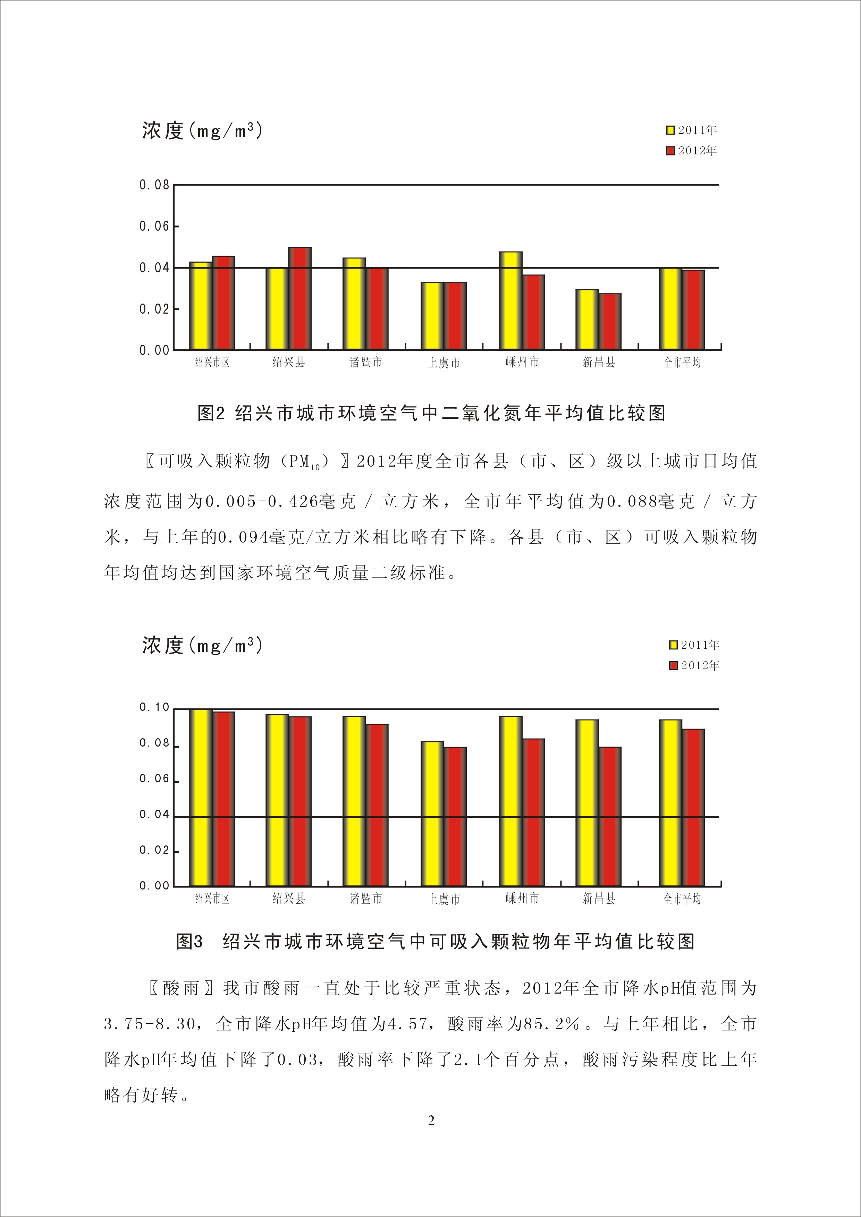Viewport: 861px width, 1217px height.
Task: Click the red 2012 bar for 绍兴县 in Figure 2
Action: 299,298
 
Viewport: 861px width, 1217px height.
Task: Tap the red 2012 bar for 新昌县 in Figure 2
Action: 610,322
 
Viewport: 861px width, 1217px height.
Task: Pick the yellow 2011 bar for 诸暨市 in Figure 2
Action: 354,304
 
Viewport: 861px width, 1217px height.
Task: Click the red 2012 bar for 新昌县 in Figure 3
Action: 610,816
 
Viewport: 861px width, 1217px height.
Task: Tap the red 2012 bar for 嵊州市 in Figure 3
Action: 533,812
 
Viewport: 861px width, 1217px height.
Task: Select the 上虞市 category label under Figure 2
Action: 444,363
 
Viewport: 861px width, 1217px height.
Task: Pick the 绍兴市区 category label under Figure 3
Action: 212,899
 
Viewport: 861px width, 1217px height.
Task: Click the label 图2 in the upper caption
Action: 212,414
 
